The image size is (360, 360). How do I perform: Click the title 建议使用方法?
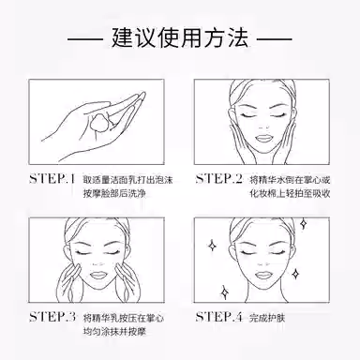click(x=180, y=38)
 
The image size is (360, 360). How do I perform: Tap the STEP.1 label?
click(x=52, y=179)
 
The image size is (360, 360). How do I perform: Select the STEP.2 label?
click(x=218, y=179)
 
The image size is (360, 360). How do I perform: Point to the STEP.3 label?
click(x=52, y=317)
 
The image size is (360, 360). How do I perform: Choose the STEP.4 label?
click(x=218, y=317)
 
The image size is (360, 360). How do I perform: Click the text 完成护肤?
click(x=267, y=318)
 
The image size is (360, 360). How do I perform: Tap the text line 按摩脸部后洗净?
click(x=114, y=193)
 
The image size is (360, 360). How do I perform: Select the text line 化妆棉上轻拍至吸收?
click(x=290, y=193)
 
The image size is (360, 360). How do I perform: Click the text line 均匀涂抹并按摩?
click(x=114, y=331)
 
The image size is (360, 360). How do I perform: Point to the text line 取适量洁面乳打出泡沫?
click(x=127, y=180)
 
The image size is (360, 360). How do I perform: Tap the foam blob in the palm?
click(x=100, y=122)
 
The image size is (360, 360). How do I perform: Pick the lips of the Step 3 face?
click(x=98, y=276)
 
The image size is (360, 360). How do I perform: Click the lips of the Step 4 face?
click(x=263, y=276)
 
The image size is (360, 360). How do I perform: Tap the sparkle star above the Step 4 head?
click(x=303, y=223)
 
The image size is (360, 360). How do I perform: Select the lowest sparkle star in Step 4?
click(x=224, y=292)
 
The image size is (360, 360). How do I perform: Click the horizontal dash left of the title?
click(x=85, y=39)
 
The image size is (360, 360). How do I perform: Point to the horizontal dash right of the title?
click(x=275, y=39)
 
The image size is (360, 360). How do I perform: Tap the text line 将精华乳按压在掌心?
click(x=124, y=318)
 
